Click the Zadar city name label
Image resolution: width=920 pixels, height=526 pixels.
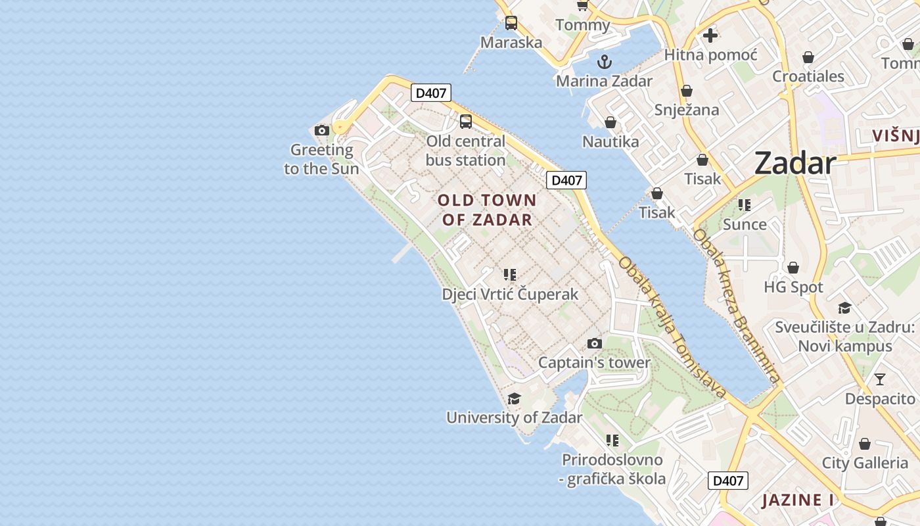point(794,162)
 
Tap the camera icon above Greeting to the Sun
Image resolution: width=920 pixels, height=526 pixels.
point(321,131)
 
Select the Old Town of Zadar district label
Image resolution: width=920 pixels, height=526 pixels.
point(487,210)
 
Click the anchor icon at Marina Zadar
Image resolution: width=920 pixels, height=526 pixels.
point(604,62)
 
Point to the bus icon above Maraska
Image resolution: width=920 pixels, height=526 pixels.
point(511,23)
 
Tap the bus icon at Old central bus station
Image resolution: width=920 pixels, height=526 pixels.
point(465,122)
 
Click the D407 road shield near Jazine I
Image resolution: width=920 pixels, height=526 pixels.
point(728,481)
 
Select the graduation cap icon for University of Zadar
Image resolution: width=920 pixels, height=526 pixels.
point(514,398)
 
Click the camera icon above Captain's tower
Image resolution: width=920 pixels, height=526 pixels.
point(594,343)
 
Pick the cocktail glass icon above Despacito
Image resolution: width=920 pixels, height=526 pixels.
point(879,379)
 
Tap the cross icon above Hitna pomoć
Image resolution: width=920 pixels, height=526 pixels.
point(710,35)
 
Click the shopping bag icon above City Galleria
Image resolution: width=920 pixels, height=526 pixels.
point(864,444)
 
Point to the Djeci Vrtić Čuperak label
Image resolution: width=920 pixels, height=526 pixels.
point(510,294)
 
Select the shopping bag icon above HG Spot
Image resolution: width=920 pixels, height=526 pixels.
point(793,268)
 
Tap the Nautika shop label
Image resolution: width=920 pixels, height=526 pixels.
point(610,141)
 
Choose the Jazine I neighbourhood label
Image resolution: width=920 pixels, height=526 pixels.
point(798,500)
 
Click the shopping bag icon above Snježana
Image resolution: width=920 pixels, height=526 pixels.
point(687,91)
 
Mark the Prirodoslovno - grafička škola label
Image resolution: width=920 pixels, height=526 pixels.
point(612,469)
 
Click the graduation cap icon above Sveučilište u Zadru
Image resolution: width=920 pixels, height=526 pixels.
point(844,308)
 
